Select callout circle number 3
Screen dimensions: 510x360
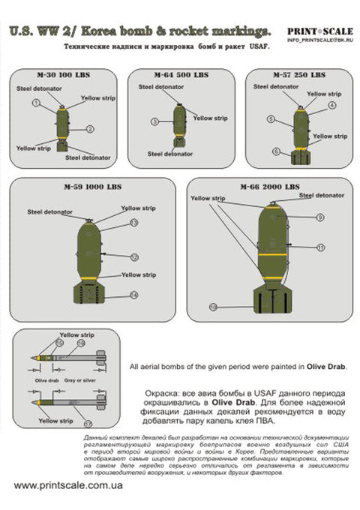point(154,121)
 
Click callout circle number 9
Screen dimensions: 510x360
point(320,217)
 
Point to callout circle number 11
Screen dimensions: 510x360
point(320,246)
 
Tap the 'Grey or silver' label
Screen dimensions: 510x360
point(80,382)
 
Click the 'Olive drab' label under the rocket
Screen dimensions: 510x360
point(46,382)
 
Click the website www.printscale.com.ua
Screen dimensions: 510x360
point(66,485)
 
